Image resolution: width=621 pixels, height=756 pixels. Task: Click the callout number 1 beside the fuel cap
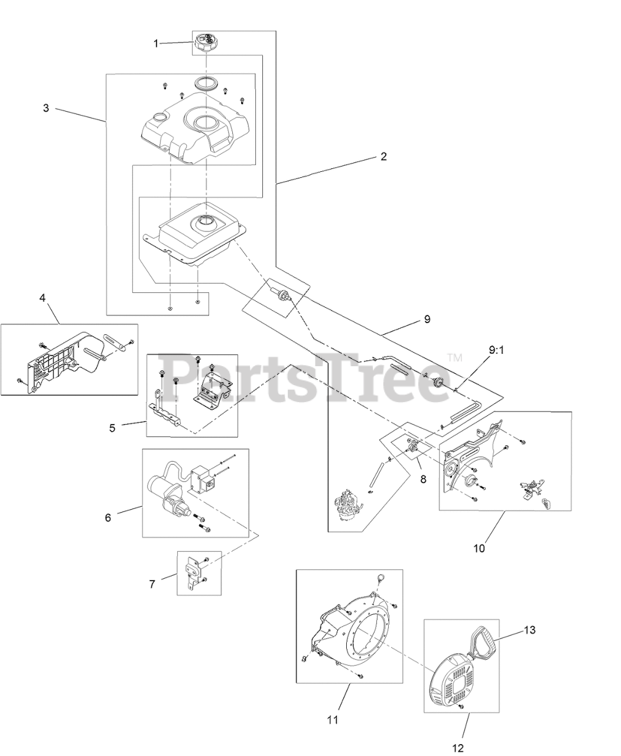click(156, 43)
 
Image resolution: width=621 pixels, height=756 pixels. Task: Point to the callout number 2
click(383, 157)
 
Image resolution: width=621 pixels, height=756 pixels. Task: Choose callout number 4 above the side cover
click(43, 298)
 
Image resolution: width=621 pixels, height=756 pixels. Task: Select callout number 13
click(529, 630)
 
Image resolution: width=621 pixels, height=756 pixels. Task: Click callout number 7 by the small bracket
click(152, 584)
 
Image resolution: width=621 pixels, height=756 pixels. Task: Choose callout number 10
click(479, 548)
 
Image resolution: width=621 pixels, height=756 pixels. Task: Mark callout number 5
click(112, 428)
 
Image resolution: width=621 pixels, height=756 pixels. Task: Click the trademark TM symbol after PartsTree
click(454, 357)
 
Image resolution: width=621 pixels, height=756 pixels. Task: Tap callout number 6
click(108, 517)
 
